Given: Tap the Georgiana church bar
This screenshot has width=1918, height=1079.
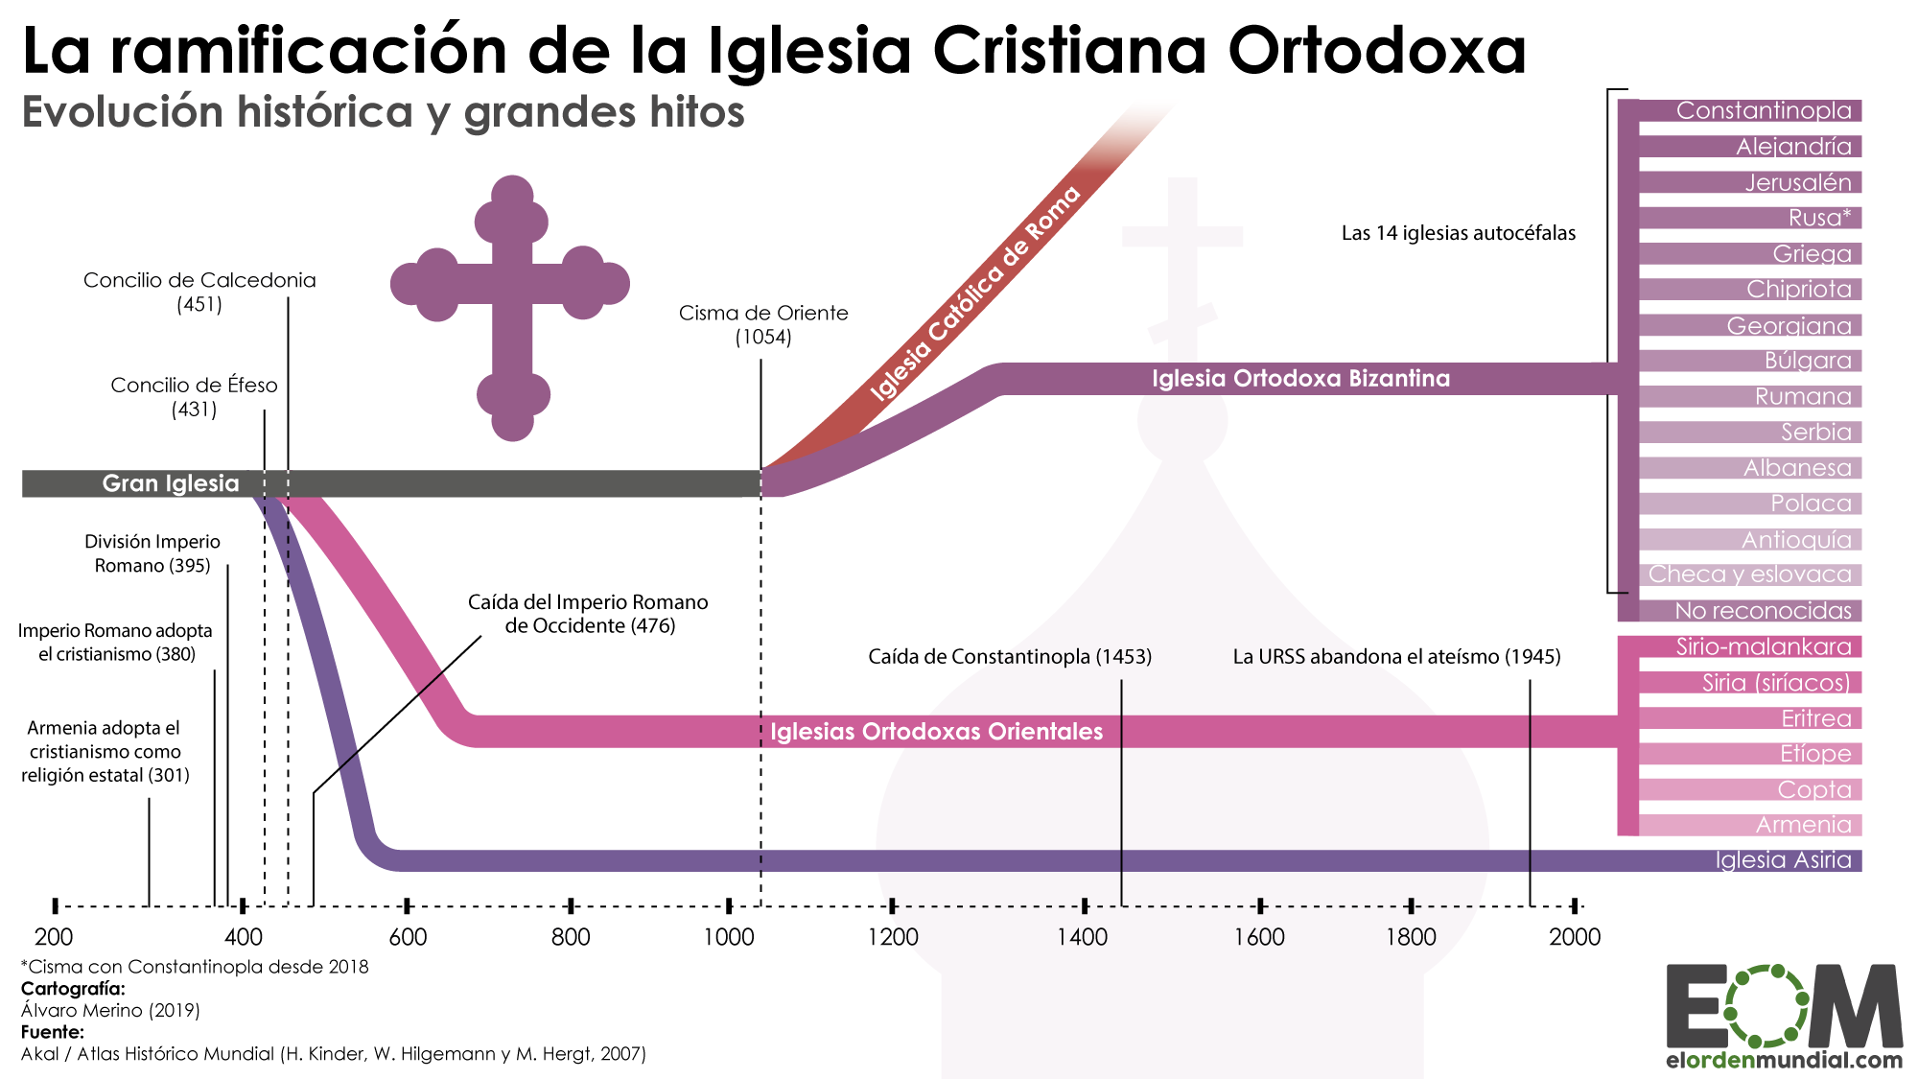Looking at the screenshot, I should pyautogui.click(x=1789, y=325).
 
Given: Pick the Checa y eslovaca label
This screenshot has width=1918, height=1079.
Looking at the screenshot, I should pyautogui.click(x=1749, y=575).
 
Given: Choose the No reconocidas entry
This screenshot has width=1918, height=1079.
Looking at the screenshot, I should pyautogui.click(x=1763, y=611).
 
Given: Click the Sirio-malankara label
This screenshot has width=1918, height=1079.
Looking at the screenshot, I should pyautogui.click(x=1763, y=646).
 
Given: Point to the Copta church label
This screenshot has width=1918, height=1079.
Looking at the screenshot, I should pyautogui.click(x=1813, y=789).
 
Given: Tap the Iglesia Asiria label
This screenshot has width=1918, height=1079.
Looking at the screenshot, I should pyautogui.click(x=1783, y=860).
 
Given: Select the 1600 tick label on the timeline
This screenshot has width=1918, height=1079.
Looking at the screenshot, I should pyautogui.click(x=1259, y=937).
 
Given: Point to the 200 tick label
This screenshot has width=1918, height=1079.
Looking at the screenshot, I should pyautogui.click(x=54, y=937).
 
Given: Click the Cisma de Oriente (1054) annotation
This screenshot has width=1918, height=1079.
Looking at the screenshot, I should pyautogui.click(x=763, y=324).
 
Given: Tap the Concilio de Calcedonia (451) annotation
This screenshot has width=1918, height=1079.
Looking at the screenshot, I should pyautogui.click(x=199, y=292).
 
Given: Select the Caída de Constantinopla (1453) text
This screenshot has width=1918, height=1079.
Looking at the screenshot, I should pyautogui.click(x=1009, y=657).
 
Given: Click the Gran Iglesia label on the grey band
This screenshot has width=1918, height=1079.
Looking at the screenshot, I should pyautogui.click(x=171, y=483).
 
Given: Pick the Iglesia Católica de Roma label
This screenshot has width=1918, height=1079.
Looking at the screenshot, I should pyautogui.click(x=975, y=293).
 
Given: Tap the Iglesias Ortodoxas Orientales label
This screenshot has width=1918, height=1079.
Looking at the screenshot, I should pyautogui.click(x=936, y=732).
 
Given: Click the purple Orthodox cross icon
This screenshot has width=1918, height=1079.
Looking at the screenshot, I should pyautogui.click(x=511, y=307).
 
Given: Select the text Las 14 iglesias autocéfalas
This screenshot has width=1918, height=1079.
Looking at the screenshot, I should pyautogui.click(x=1458, y=233).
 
